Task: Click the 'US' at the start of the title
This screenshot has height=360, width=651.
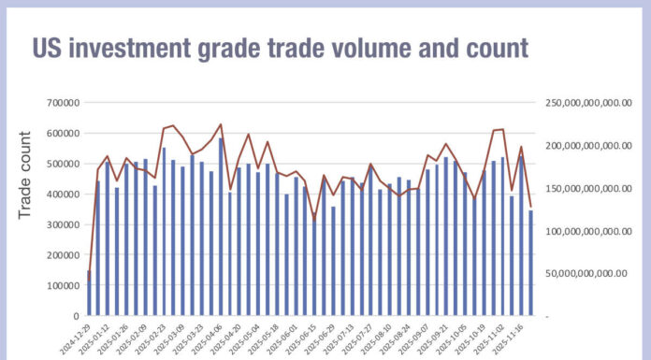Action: click(x=50, y=49)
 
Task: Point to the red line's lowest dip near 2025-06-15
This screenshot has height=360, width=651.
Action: click(x=314, y=218)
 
